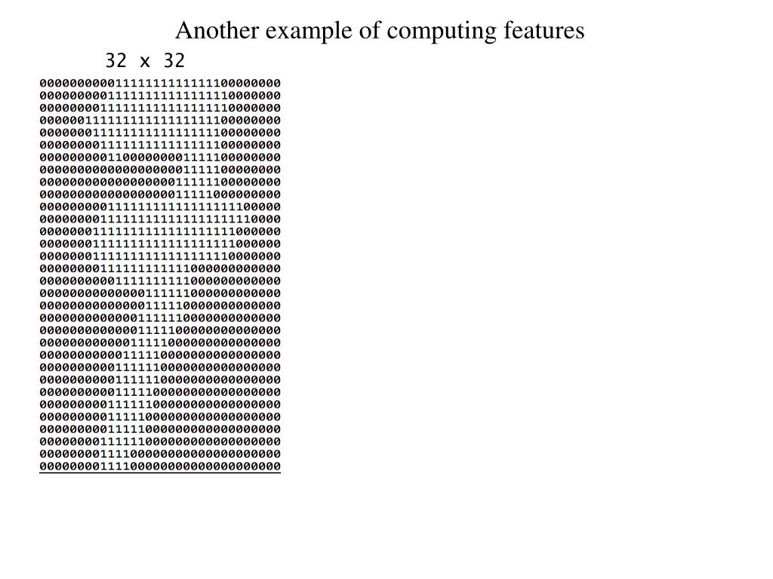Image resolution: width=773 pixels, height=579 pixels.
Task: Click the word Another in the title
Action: (215, 31)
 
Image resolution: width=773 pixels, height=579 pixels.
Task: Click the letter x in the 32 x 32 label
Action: (145, 61)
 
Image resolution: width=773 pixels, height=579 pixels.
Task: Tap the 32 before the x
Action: (116, 61)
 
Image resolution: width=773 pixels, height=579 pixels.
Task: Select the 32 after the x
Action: (174, 61)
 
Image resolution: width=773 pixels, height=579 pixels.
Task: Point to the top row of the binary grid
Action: (160, 83)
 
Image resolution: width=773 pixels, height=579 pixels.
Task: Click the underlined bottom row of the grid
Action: (160, 467)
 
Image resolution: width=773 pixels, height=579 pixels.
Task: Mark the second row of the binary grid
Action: (160, 96)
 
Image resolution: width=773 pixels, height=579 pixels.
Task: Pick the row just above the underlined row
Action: (160, 454)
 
